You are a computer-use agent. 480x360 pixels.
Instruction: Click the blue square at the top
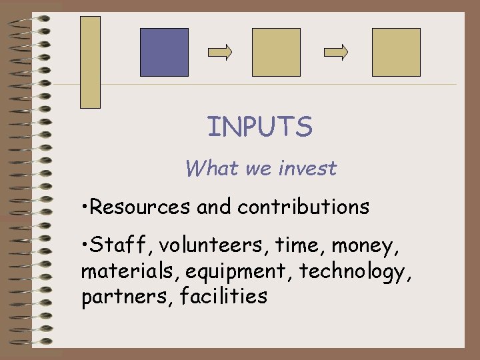pyautogui.click(x=164, y=52)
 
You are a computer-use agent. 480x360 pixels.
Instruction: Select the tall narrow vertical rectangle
pyautogui.click(x=90, y=62)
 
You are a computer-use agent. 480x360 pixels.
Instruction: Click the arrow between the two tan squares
pyautogui.click(x=336, y=52)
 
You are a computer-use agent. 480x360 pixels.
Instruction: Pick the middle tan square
pyautogui.click(x=276, y=52)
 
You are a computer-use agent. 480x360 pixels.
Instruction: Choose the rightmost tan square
pyautogui.click(x=396, y=52)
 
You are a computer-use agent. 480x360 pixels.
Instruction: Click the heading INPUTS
pyautogui.click(x=259, y=127)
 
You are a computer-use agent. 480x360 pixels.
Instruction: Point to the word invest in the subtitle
pyautogui.click(x=307, y=169)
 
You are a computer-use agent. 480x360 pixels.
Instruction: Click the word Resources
pyautogui.click(x=140, y=207)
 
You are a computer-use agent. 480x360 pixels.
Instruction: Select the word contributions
pyautogui.click(x=303, y=207)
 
